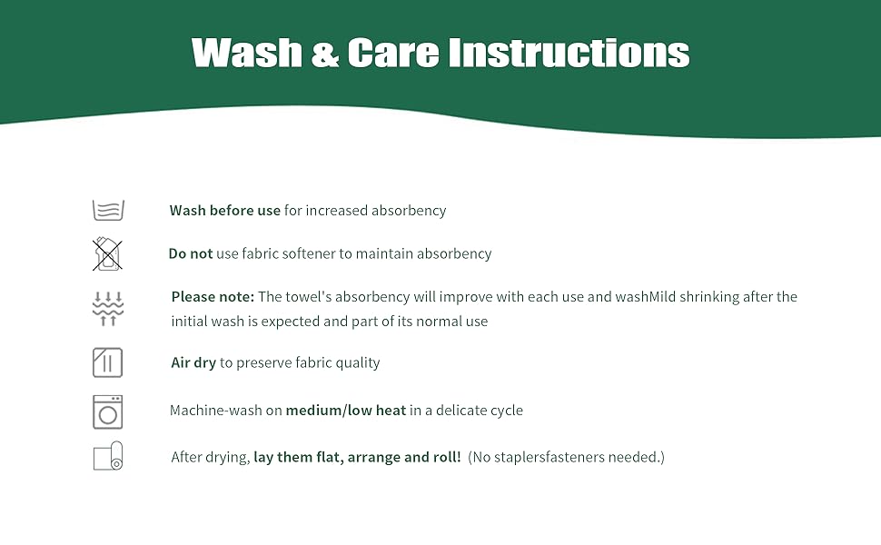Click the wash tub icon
pos(108,210)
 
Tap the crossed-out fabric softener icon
pos(107,254)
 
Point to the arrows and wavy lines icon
pos(107,309)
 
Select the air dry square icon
pos(107,362)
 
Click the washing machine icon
pos(107,411)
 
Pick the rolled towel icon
pos(108,456)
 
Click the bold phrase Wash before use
pos(225,211)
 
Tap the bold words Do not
pos(191,254)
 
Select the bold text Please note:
pos(213,297)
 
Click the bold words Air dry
pos(193,363)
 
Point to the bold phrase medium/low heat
pos(346,411)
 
